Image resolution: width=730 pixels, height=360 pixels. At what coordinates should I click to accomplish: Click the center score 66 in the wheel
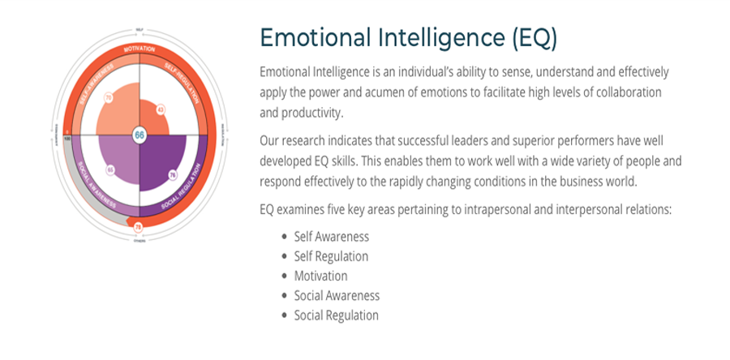coord(140,135)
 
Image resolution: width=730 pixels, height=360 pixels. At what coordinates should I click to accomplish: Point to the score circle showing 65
coord(109,170)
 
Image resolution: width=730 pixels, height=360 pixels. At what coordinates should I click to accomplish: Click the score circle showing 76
coord(173,175)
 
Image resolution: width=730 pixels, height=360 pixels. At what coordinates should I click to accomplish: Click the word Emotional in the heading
coord(312,38)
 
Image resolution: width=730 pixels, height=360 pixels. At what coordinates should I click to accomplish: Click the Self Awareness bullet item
coord(331,237)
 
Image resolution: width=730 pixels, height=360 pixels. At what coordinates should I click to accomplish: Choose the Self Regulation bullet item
coord(331,256)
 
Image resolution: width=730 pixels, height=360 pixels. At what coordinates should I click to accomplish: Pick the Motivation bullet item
coord(320,276)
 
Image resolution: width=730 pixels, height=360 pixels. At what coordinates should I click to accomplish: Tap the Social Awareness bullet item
coord(337,296)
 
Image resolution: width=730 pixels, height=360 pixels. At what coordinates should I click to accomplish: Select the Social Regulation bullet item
coord(336,315)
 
